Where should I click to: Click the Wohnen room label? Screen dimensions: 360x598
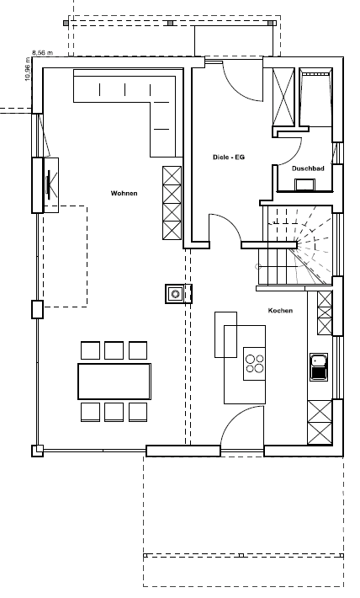pyautogui.click(x=124, y=194)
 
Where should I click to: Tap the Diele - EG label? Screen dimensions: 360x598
pyautogui.click(x=229, y=158)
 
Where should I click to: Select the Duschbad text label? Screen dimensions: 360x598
pyautogui.click(x=308, y=168)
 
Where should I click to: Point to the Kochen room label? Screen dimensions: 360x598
pyautogui.click(x=280, y=311)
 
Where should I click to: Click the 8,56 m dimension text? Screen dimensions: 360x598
pyautogui.click(x=43, y=52)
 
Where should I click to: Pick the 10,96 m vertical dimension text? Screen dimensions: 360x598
pyautogui.click(x=28, y=69)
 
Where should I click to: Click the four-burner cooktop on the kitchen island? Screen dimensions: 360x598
pyautogui.click(x=255, y=364)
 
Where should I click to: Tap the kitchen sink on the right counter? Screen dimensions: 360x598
pyautogui.click(x=319, y=367)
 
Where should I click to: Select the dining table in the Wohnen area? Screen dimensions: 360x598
pyautogui.click(x=114, y=381)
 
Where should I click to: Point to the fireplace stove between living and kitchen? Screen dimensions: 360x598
pyautogui.click(x=175, y=294)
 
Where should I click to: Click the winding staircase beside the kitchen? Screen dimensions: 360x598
pyautogui.click(x=297, y=246)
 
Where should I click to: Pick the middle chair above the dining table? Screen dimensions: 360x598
pyautogui.click(x=114, y=350)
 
